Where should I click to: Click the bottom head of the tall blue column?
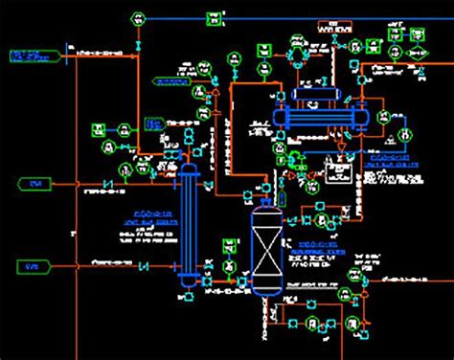point(189,281)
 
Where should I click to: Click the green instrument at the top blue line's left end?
point(139,17)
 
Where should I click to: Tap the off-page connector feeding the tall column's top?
point(34,182)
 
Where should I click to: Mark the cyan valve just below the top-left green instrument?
point(140,45)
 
